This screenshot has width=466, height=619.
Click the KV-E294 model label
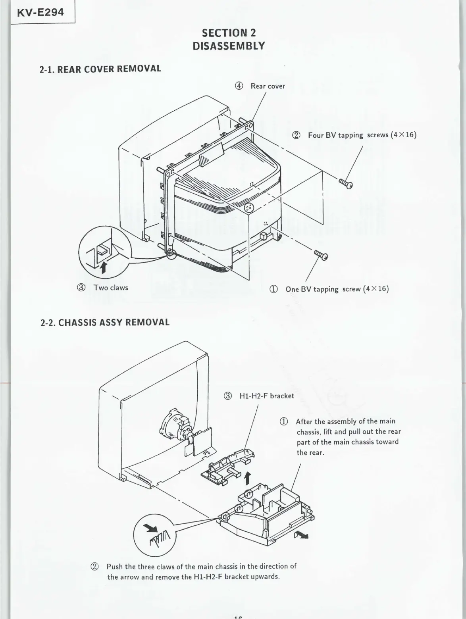[40, 12]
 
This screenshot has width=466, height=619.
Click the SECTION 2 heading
[229, 33]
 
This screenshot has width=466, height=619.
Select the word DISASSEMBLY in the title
[229, 46]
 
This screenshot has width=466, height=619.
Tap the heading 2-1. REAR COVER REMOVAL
[100, 69]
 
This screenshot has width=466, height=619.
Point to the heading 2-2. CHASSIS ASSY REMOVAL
[105, 322]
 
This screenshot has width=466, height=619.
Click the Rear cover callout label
[268, 86]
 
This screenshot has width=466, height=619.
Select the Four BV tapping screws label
[362, 135]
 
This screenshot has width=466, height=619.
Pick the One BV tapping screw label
[337, 289]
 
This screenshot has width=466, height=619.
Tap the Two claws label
[111, 288]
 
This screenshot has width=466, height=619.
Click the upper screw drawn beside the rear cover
[346, 184]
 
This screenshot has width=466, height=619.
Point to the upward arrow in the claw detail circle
[103, 267]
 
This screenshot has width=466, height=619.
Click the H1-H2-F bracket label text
[267, 396]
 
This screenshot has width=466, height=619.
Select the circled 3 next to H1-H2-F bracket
[228, 396]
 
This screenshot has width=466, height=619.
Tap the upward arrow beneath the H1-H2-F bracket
[248, 478]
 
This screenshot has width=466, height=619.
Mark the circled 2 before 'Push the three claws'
[95, 566]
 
